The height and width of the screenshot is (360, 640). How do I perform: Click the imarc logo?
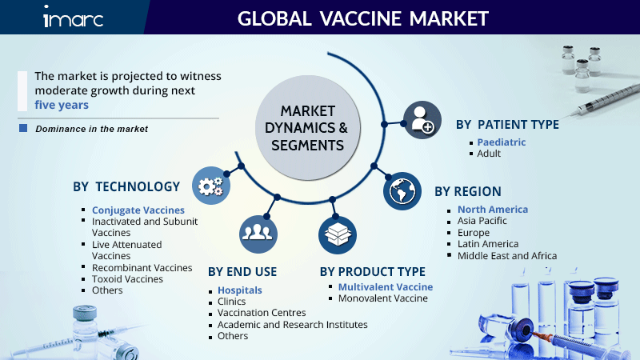pos(73,17)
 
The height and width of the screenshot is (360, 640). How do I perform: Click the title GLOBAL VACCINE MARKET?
pos(363,18)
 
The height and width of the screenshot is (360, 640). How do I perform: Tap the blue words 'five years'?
pos(62,105)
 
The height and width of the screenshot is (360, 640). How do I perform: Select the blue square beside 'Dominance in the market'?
pos(23,128)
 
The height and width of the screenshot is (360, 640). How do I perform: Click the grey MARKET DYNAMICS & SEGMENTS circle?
pos(308,128)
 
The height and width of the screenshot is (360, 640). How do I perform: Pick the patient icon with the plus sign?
pos(422,120)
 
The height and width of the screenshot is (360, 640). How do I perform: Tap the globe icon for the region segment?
pos(402,191)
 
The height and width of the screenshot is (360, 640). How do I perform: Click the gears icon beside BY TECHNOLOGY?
pos(211,186)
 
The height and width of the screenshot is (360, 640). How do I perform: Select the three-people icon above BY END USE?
pos(258,234)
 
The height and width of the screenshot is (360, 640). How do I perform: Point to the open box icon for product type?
pos(338,235)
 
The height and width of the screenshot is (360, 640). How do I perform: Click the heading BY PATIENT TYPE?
pos(507,125)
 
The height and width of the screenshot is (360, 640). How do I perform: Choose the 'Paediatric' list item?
pos(502,142)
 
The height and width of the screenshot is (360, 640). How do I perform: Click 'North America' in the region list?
pos(493,210)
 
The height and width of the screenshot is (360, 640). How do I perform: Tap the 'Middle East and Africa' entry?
pos(507,256)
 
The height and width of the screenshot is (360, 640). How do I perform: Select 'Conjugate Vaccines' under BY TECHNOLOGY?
pos(138,210)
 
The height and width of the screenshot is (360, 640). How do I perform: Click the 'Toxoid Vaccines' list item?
pos(127,279)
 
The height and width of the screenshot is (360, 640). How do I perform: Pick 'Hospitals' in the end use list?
pos(239,290)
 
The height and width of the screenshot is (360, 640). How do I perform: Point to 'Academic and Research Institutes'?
pos(292,325)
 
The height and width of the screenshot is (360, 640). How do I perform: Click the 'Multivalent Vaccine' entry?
pos(386,287)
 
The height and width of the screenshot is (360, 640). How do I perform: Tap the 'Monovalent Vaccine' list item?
pos(383,298)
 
